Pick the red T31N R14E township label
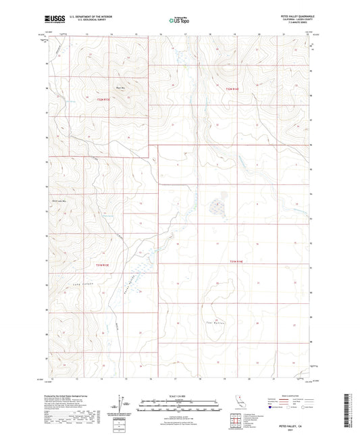click(233, 261)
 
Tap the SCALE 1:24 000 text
click(179, 396)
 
